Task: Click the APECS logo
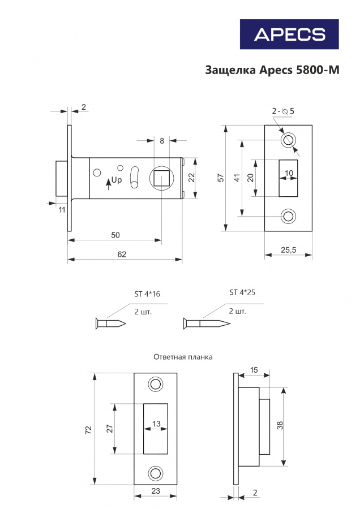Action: click(289, 34)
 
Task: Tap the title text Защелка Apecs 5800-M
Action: click(272, 70)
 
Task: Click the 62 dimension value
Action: click(122, 254)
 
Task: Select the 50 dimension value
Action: click(115, 235)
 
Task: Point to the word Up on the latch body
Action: click(116, 180)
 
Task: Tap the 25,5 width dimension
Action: click(289, 250)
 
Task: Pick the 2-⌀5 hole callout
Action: click(283, 111)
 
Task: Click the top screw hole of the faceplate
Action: click(288, 140)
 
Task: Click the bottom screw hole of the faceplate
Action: click(288, 216)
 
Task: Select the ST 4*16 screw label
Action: click(147, 294)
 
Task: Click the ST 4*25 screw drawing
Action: click(207, 323)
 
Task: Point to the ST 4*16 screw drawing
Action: click(110, 323)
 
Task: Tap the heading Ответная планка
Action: click(183, 357)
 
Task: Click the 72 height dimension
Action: click(88, 430)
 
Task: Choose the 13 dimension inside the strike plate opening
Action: click(156, 424)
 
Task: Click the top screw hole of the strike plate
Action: click(156, 384)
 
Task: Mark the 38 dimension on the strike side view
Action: click(280, 425)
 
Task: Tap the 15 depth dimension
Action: click(254, 370)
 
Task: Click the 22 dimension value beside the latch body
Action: click(192, 177)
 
